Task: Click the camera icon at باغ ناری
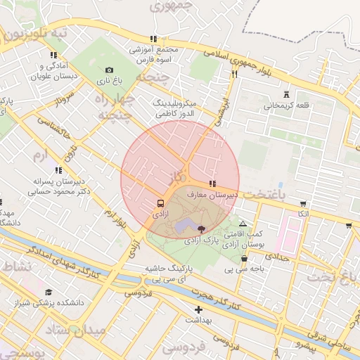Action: pos(109,70)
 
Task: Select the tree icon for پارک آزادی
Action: pos(202,229)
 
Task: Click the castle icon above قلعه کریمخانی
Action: pos(285,94)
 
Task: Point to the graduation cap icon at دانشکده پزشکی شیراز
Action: pos(49,292)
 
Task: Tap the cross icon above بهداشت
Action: pos(198,309)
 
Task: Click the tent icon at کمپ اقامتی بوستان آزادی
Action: pos(243,224)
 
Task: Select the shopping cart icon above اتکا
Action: pos(303,202)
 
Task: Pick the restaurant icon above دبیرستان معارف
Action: pos(213,184)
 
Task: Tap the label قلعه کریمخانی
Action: pos(286,106)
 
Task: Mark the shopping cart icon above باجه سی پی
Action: pos(243,257)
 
